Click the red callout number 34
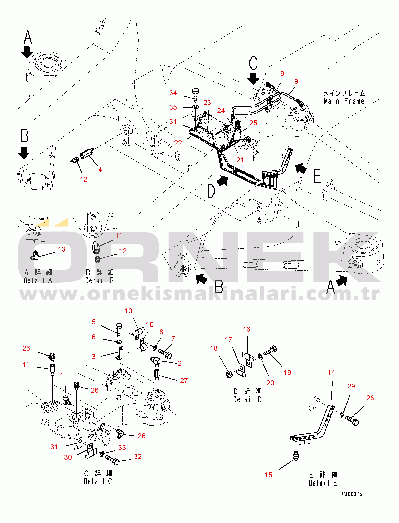[x=173, y=93]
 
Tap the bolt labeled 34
[x=195, y=95]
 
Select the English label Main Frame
[x=344, y=101]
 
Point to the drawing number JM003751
[x=352, y=494]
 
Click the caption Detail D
[x=247, y=399]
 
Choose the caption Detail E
[x=323, y=483]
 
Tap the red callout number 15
[x=268, y=475]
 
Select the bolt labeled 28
[x=353, y=421]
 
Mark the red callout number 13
[x=62, y=249]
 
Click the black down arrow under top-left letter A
[x=27, y=52]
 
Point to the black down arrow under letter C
[x=253, y=79]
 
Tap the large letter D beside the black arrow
[x=211, y=191]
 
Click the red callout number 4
[x=100, y=170]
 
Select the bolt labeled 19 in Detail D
[x=270, y=351]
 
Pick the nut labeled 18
[x=229, y=374]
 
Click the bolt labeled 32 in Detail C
[x=112, y=460]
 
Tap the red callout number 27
[x=184, y=380]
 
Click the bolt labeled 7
[x=165, y=353]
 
